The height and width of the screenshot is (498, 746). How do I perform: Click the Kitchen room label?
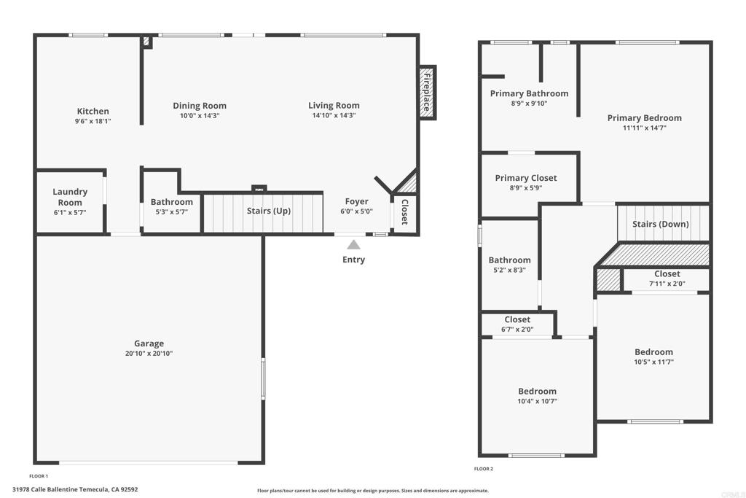click(x=93, y=111)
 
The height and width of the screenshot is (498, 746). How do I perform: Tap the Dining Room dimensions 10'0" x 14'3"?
click(x=200, y=116)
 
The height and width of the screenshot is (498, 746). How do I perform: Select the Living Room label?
click(x=334, y=106)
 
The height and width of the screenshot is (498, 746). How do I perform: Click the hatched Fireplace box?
click(x=427, y=93)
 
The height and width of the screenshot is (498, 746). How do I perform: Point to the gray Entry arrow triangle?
click(x=353, y=245)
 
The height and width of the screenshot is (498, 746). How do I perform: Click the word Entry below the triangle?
click(x=353, y=260)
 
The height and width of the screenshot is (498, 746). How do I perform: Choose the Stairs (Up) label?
click(x=268, y=211)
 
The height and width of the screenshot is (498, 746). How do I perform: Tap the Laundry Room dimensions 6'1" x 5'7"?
click(x=70, y=213)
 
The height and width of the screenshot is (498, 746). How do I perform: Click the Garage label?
click(x=149, y=343)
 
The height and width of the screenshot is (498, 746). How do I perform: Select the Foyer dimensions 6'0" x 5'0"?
click(x=356, y=211)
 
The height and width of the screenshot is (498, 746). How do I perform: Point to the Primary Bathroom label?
click(x=529, y=93)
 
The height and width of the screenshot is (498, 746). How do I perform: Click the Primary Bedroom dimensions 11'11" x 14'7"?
click(x=645, y=128)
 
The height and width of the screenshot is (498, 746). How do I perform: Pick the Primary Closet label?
click(x=526, y=178)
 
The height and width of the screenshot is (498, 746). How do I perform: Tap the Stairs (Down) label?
click(x=660, y=225)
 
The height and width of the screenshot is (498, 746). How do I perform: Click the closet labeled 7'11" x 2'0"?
click(x=667, y=279)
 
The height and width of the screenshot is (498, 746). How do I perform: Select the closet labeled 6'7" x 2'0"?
click(x=517, y=324)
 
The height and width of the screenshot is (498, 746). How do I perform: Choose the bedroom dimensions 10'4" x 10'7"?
click(x=537, y=401)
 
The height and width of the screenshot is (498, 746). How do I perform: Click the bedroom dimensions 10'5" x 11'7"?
click(x=653, y=362)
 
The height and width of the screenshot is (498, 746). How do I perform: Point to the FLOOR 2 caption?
click(x=484, y=469)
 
